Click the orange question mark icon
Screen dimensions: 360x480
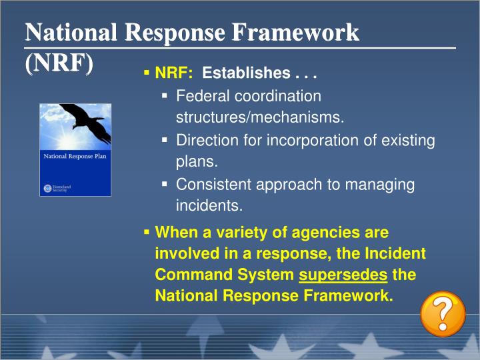click(443, 314)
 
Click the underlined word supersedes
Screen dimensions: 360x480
click(343, 275)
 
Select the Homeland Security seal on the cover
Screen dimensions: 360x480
click(47, 188)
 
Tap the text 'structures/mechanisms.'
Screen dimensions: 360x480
click(260, 118)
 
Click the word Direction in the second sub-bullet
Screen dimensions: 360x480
click(205, 141)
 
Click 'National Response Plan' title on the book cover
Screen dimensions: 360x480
click(75, 158)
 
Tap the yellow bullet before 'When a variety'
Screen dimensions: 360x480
click(147, 233)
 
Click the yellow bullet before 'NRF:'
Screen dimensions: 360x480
click(147, 72)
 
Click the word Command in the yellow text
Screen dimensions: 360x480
click(188, 275)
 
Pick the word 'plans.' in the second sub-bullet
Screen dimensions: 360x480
click(197, 162)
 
